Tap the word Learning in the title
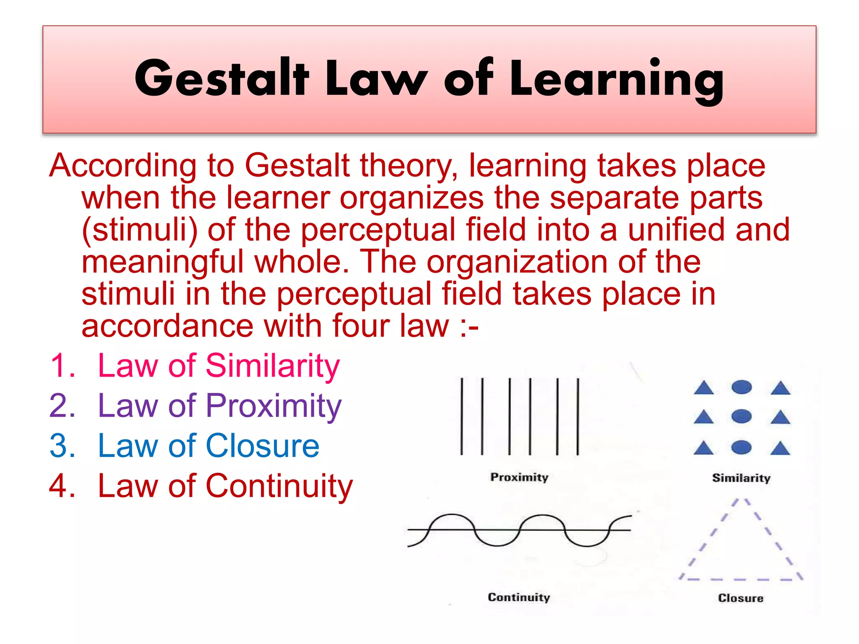coord(617,80)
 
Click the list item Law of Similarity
coord(218,366)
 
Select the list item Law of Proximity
coord(219,405)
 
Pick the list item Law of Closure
coord(208,445)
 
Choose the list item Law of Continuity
coord(225,486)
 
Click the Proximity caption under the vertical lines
coord(519,478)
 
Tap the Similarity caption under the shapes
coord(741,478)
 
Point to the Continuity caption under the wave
coord(519,597)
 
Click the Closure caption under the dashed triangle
coord(741,598)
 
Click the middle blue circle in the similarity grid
coord(741,416)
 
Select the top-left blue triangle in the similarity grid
coord(704,388)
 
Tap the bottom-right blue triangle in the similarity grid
coord(780,449)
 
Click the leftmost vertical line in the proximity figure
coord(462,416)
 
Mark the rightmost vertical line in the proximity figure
coord(578,416)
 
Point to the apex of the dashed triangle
coord(741,500)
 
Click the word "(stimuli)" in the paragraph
coord(140,230)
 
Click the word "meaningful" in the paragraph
coord(162,262)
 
